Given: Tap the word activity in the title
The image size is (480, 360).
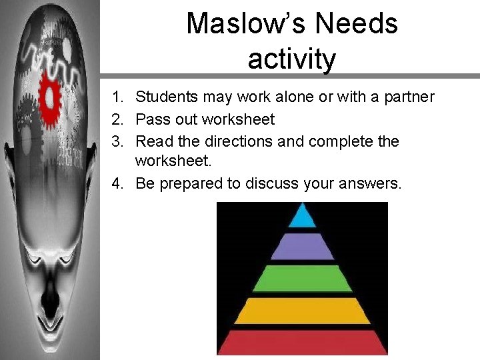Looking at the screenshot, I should tap(291, 59).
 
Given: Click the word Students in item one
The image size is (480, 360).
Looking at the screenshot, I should tap(163, 97).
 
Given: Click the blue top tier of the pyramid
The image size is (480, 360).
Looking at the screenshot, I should tap(303, 216).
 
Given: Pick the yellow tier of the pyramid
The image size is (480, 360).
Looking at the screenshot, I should tap(303, 311).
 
